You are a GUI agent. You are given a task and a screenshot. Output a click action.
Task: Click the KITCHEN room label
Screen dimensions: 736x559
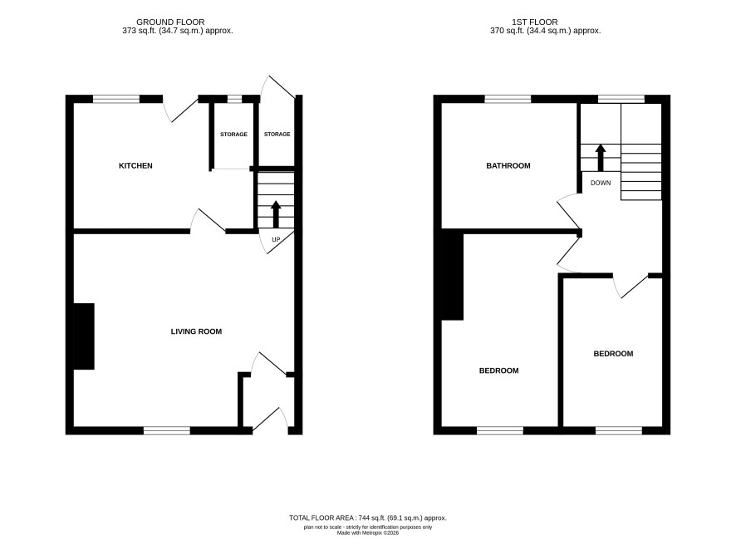pos(135,165)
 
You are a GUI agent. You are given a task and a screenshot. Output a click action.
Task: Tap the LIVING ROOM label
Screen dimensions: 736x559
pos(196,331)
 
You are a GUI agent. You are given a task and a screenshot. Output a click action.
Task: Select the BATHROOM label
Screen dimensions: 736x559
pos(508,165)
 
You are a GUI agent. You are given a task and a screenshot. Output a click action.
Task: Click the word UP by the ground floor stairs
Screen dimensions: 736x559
pos(276,239)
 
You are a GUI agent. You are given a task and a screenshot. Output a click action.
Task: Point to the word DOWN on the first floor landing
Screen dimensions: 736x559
pos(601,183)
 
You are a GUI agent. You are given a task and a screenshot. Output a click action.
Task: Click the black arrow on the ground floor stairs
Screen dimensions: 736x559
pos(276,214)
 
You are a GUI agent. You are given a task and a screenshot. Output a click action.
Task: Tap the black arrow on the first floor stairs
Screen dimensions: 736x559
pos(601,158)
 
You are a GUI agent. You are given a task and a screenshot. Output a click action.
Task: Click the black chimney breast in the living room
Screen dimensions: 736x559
pos(84,336)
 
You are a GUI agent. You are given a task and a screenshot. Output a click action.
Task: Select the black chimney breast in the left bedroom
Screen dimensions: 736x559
pos(453,277)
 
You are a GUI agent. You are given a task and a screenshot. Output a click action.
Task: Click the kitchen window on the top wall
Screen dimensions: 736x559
pos(116,99)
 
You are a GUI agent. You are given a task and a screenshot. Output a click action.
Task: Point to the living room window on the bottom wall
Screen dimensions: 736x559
pos(167,430)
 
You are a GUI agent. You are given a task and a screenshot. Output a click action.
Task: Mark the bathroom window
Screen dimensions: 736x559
pos(508,99)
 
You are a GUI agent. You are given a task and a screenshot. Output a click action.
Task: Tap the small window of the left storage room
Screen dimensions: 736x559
pos(234,99)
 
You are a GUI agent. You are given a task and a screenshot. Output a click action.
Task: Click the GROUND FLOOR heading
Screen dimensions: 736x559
pos(170,22)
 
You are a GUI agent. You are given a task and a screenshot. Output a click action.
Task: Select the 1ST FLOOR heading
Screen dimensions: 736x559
pos(535,22)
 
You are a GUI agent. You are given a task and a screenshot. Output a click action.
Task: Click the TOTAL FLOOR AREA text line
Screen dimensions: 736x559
pos(367,518)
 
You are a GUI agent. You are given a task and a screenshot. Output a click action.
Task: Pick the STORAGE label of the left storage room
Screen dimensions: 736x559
pos(233,135)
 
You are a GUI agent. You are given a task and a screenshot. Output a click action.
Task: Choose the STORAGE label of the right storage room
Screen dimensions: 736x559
pos(277,135)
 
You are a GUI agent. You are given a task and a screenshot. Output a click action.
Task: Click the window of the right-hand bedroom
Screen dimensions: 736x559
pos(619,430)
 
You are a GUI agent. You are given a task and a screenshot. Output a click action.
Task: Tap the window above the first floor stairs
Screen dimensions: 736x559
pos(621,99)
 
